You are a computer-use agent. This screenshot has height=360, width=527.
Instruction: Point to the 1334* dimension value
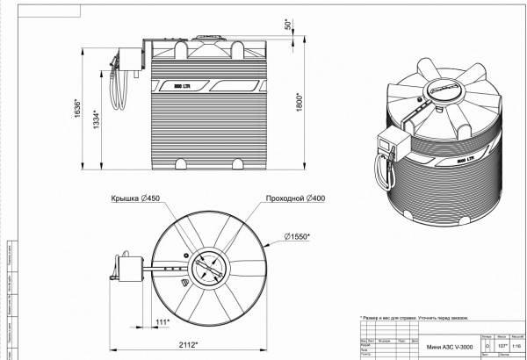[x=97, y=118]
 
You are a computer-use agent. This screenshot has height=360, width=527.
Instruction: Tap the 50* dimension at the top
[x=287, y=24]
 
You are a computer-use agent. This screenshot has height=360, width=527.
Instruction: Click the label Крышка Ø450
[x=134, y=198]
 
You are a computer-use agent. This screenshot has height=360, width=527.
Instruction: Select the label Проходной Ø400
[x=295, y=198]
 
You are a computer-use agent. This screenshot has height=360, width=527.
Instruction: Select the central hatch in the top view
[x=209, y=266]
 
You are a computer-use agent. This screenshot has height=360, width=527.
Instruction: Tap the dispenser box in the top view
[x=133, y=265]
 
